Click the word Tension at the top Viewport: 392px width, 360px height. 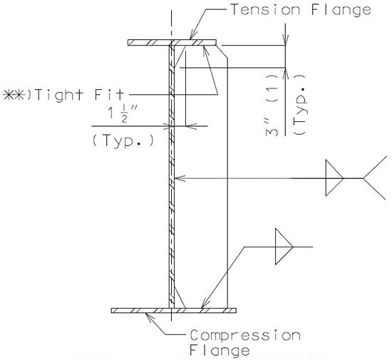(x=266, y=10)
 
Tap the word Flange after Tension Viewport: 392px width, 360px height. (x=341, y=11)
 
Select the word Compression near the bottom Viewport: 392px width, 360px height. (x=245, y=335)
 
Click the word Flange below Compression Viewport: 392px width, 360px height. (x=220, y=351)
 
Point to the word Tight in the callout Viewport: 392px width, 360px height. (x=59, y=96)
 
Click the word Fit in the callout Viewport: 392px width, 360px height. (x=109, y=94)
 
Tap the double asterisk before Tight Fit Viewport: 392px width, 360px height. (x=14, y=96)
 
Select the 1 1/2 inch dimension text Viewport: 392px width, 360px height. (x=123, y=113)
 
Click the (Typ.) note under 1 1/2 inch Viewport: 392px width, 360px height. (x=123, y=140)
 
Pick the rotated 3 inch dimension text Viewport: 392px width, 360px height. (x=272, y=128)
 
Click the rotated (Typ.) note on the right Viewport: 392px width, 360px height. (x=300, y=105)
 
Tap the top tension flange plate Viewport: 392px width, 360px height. (x=172, y=43)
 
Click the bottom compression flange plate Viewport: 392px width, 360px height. (x=174, y=311)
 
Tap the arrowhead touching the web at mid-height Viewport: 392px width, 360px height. (x=180, y=178)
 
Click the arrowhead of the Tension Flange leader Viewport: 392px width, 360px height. (x=192, y=35)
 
